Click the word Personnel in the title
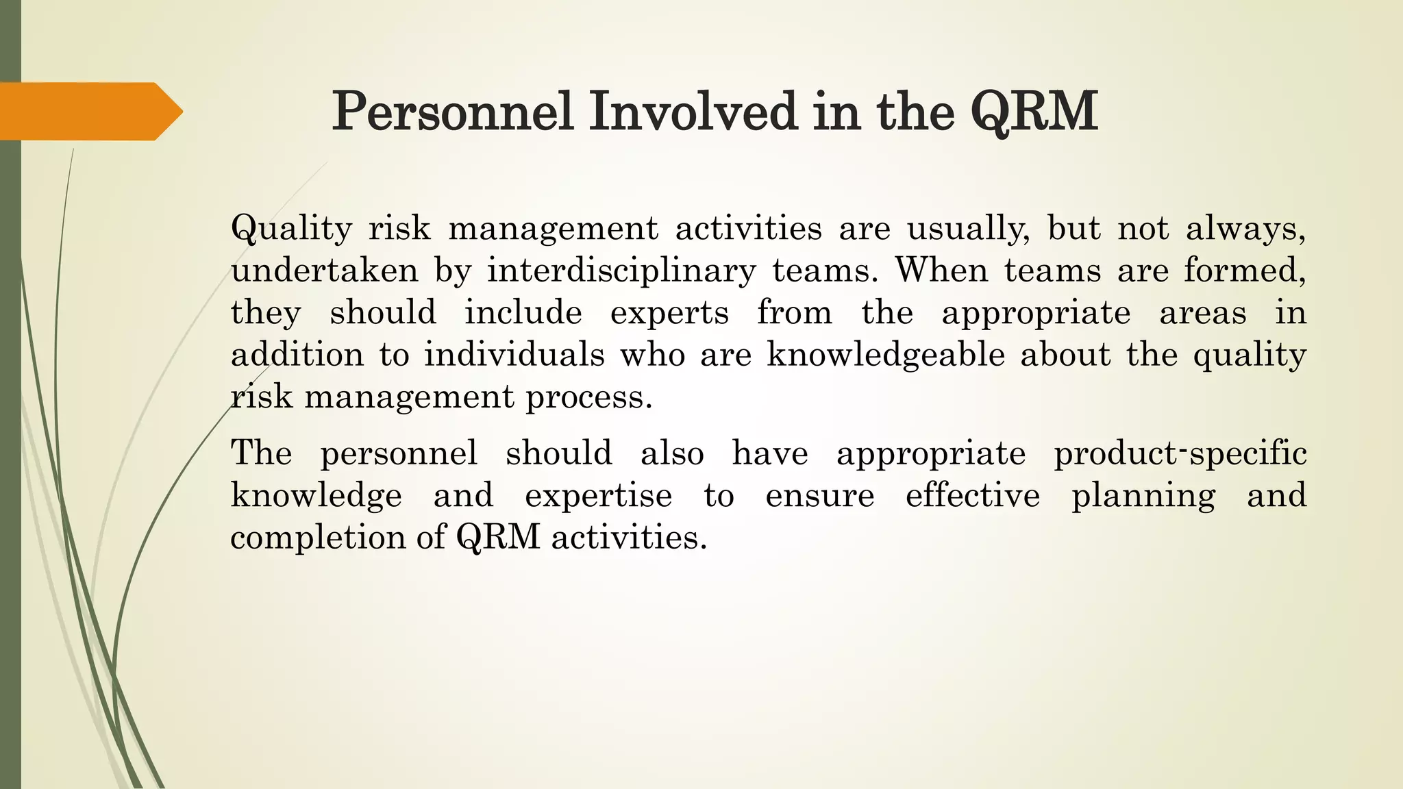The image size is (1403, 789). coord(452,112)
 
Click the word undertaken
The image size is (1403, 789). coord(324,271)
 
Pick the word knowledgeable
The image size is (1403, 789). coord(886,355)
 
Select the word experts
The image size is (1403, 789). coord(669,313)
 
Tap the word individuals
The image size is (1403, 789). coord(514,355)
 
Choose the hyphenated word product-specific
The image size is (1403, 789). coord(1180,453)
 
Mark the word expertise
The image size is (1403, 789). coord(598,495)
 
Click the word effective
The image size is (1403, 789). coord(972,495)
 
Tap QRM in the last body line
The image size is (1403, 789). coord(498,538)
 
